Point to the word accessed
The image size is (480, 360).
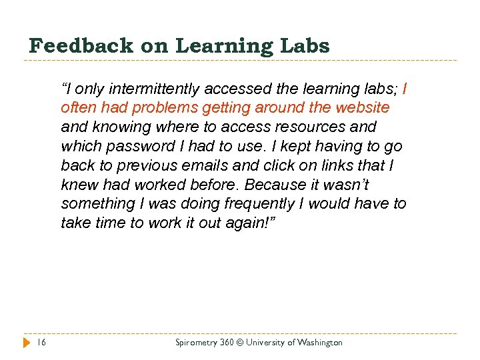pos(238,89)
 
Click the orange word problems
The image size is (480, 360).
pos(167,108)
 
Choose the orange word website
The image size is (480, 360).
pos(359,108)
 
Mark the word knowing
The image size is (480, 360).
pos(120,127)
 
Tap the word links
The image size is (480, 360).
pos(347,165)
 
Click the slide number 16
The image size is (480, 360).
pos(41,342)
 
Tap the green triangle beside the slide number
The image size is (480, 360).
pos(25,342)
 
